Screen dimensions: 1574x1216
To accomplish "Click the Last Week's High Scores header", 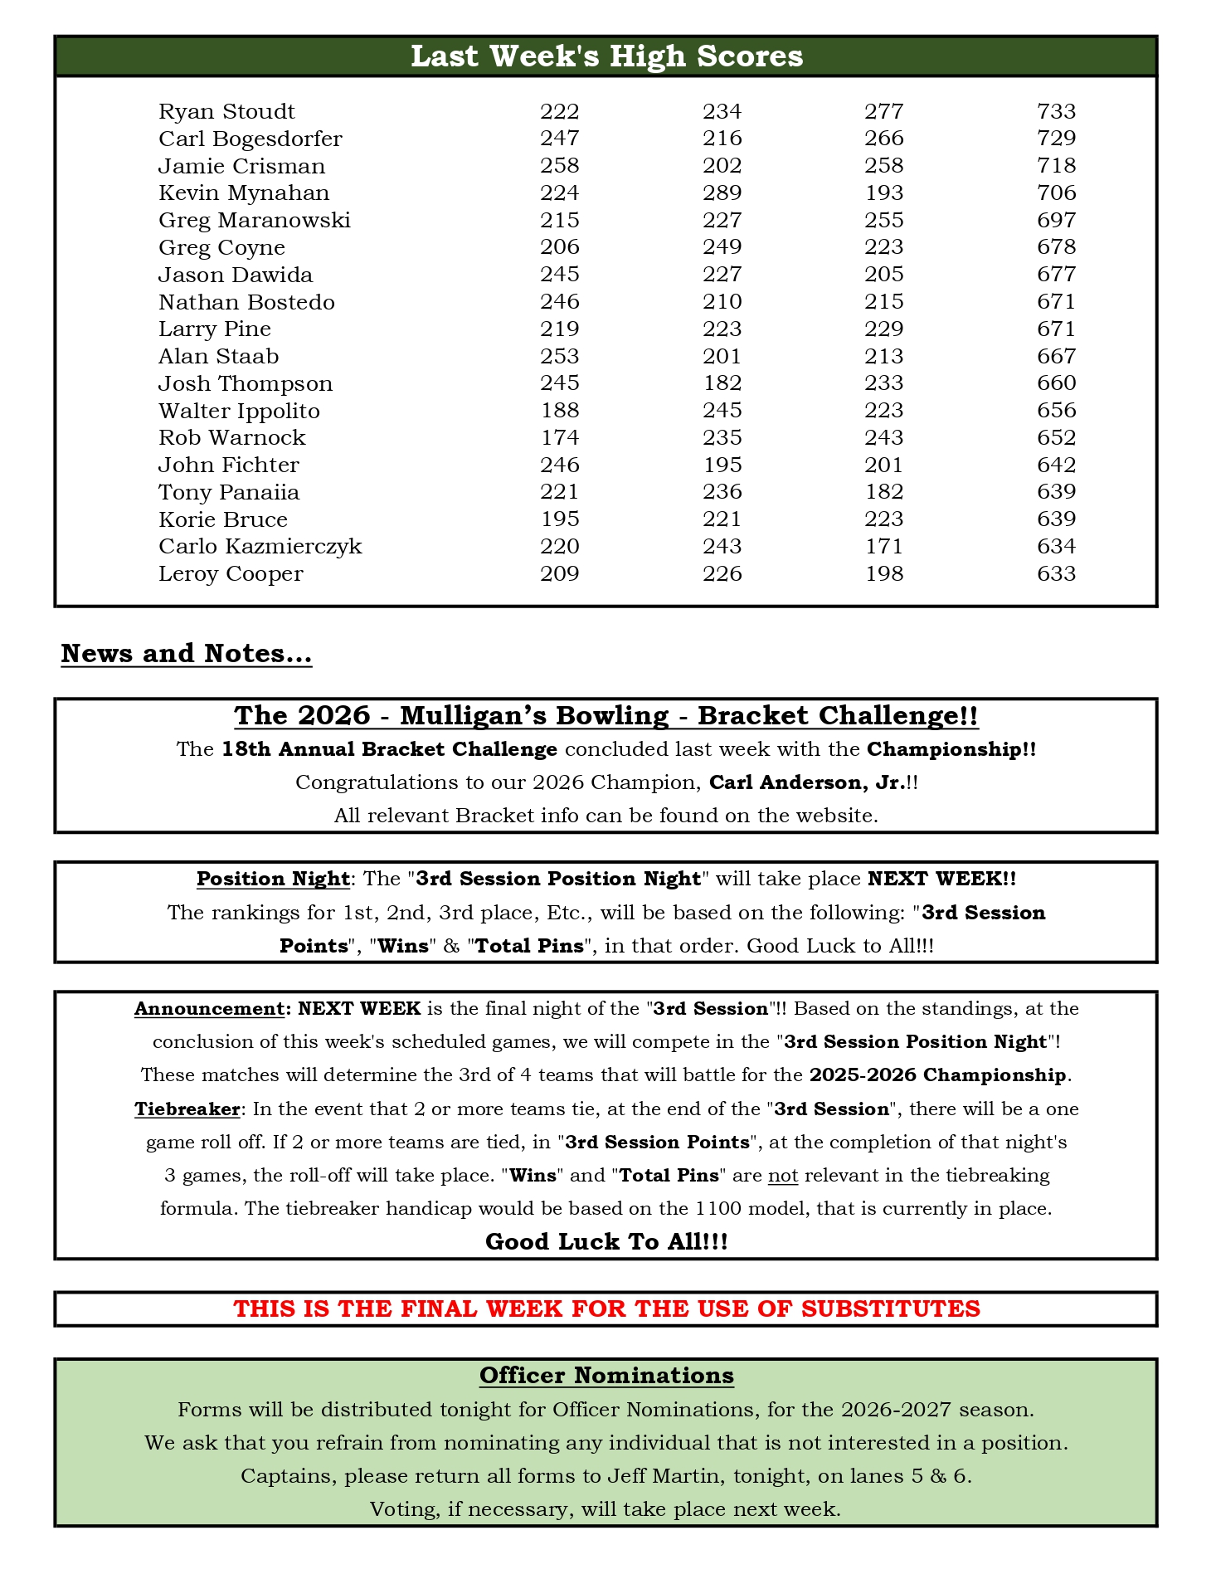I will coord(606,56).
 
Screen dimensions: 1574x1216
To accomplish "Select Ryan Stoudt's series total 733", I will coord(1056,111).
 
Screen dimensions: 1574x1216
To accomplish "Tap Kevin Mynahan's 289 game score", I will coord(722,192).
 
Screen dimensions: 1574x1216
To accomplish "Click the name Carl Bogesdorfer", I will coord(250,139).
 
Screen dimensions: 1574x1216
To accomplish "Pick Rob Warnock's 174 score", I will coord(559,437).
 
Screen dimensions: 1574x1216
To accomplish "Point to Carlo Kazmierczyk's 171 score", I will coord(883,546).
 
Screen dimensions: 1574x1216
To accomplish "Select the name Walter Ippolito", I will coord(239,411).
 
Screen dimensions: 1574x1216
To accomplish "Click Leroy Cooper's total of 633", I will coord(1056,573).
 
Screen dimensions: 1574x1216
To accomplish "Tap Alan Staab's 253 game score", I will coord(559,356).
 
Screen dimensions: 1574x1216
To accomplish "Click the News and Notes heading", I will coord(186,654).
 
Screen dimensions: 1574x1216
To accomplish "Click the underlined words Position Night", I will coord(273,879).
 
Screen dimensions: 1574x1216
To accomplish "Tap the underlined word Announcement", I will coord(208,1009).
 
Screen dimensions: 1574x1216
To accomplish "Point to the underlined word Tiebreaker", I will coord(187,1109).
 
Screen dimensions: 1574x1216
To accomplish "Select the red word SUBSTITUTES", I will coord(890,1309).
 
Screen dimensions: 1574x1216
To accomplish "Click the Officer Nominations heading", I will coord(606,1376).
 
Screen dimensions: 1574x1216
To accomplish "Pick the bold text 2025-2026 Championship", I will coord(937,1075).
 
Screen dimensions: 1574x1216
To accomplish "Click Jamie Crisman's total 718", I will coord(1056,166).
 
